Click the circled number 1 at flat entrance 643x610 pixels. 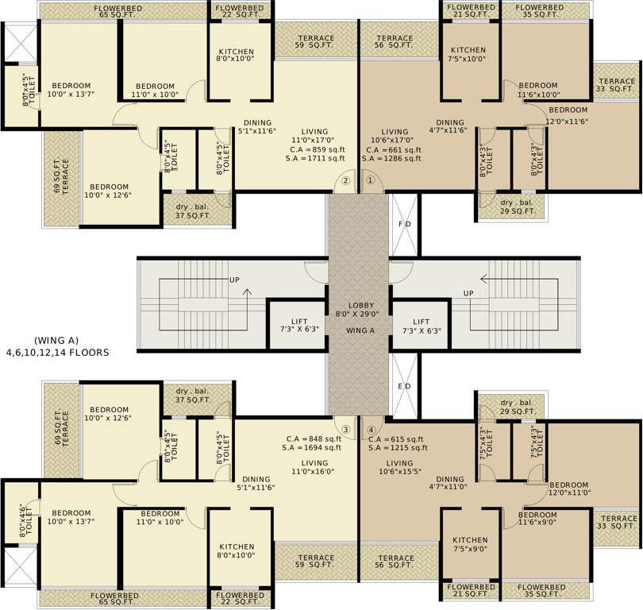pos(370,180)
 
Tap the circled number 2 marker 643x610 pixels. pos(346,180)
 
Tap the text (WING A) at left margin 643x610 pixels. pos(56,340)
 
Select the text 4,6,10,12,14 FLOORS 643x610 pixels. pos(57,351)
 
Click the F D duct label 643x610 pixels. pos(404,225)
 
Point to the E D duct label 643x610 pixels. pos(404,387)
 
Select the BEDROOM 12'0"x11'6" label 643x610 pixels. pos(568,115)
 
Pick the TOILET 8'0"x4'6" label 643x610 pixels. pos(29,523)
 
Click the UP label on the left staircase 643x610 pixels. pos(234,280)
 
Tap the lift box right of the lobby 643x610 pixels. pos(422,325)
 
